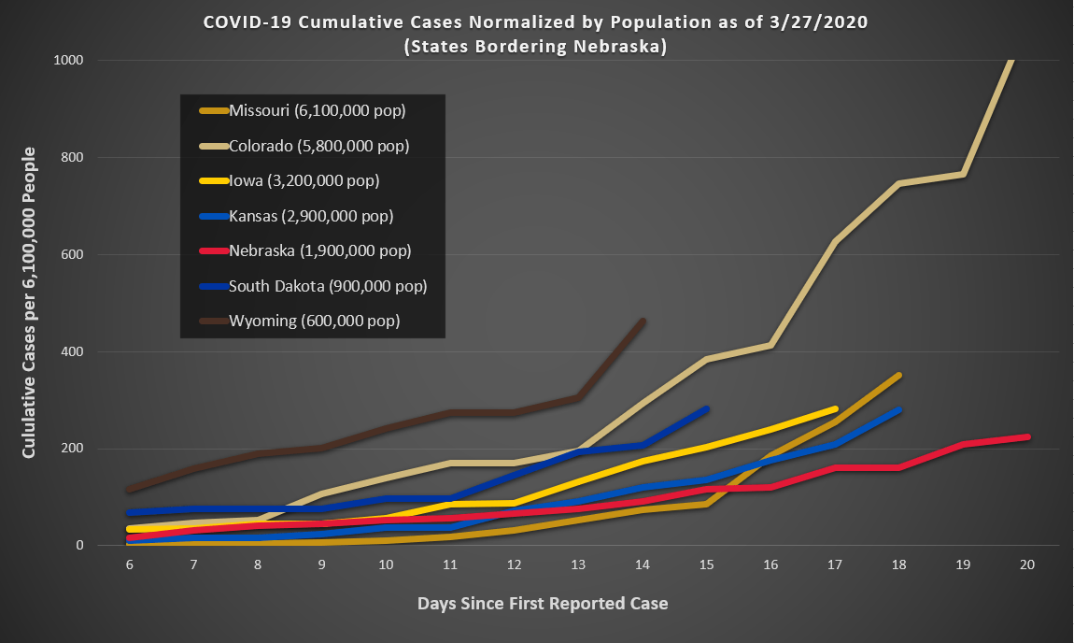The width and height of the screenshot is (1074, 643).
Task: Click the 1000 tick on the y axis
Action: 69,61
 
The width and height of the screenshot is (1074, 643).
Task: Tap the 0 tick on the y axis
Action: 80,546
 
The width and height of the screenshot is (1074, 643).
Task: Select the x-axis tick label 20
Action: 1027,565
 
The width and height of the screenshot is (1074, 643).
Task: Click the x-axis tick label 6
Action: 129,565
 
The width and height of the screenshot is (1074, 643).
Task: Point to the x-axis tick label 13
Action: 578,565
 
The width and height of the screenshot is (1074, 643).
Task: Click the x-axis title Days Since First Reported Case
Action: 543,603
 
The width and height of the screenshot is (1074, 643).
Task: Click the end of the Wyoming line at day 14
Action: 643,321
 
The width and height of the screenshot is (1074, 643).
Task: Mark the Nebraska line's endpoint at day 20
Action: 1027,436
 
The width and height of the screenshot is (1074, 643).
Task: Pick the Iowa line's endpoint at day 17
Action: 835,408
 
